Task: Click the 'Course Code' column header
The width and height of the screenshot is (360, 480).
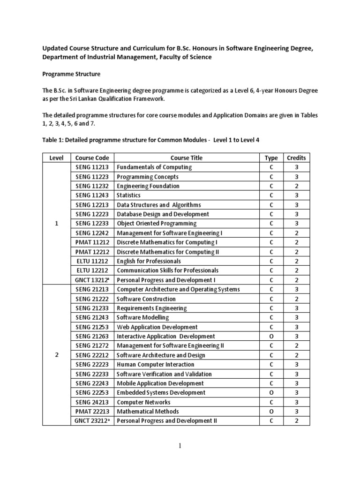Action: pyautogui.click(x=92, y=158)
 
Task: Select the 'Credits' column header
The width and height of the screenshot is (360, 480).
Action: pyautogui.click(x=296, y=158)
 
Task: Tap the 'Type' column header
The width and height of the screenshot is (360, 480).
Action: pyautogui.click(x=271, y=158)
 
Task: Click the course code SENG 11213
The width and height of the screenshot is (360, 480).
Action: pyautogui.click(x=92, y=167)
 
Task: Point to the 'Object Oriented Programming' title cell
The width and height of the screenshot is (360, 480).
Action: pyautogui.click(x=157, y=224)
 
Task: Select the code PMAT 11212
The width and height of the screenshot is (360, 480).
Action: pyautogui.click(x=92, y=242)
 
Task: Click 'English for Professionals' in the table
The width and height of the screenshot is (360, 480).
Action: pyautogui.click(x=149, y=261)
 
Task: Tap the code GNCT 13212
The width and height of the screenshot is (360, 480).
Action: pyautogui.click(x=92, y=280)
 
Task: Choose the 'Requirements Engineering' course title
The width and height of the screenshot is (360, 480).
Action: pyautogui.click(x=151, y=308)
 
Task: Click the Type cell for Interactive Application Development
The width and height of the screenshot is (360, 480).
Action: pyautogui.click(x=271, y=337)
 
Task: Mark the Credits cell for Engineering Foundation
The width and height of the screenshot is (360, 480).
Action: pyautogui.click(x=296, y=186)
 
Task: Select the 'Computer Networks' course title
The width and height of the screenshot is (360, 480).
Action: pyautogui.click(x=143, y=402)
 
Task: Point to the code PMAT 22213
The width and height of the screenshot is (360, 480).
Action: pyautogui.click(x=92, y=412)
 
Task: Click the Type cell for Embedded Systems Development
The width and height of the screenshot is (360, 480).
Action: pyautogui.click(x=271, y=393)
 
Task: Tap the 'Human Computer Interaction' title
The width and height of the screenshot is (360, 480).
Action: pyautogui.click(x=155, y=365)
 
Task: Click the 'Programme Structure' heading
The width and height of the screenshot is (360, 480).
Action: pyautogui.click(x=71, y=74)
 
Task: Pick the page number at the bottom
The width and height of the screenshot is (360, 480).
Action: pyautogui.click(x=180, y=446)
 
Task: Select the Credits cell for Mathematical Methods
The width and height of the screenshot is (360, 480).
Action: pyautogui.click(x=296, y=412)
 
